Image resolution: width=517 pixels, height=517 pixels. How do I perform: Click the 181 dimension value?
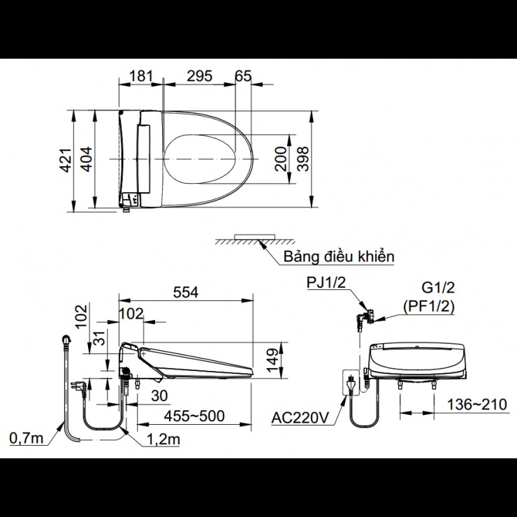click(141, 76)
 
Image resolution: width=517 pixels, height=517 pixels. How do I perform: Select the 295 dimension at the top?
click(200, 76)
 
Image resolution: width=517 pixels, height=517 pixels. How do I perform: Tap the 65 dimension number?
click(243, 76)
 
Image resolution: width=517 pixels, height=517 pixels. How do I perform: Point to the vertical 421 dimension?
click(65, 160)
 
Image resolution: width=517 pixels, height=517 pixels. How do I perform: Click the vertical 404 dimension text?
click(87, 159)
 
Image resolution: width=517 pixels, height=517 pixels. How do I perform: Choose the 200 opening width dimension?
click(281, 159)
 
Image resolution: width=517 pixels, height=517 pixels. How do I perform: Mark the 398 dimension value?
click(303, 159)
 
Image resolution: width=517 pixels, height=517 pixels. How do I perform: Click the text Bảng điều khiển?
click(339, 256)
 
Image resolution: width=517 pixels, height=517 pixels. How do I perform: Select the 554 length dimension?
click(186, 292)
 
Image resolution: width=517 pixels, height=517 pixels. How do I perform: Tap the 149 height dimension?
click(272, 361)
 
